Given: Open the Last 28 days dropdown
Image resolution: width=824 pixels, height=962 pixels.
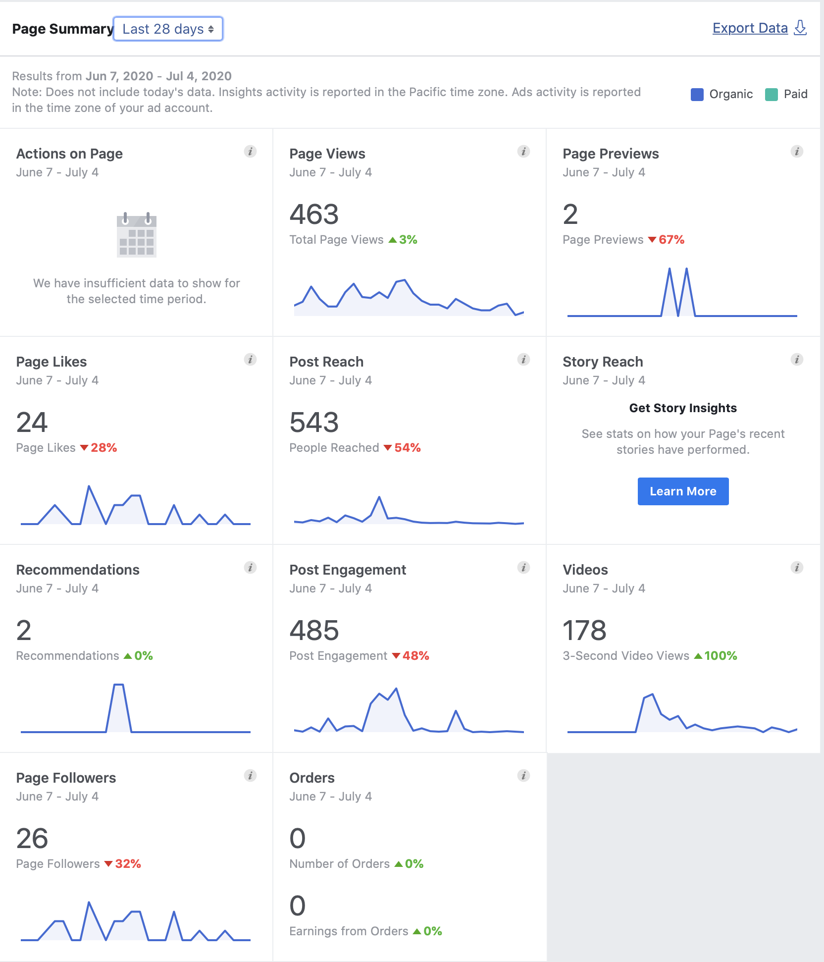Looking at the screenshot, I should click(168, 29).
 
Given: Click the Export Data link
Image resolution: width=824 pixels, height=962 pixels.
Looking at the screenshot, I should click(750, 28).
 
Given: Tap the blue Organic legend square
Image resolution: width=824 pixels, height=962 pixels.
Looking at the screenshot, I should click(697, 94).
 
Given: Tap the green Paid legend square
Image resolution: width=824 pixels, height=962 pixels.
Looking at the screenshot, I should click(771, 94).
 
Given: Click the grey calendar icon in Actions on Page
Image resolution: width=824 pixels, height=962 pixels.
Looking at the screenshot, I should click(136, 235).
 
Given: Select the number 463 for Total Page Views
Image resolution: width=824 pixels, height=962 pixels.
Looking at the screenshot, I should click(314, 214).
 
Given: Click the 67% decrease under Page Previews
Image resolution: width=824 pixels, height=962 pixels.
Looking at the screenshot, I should click(667, 240).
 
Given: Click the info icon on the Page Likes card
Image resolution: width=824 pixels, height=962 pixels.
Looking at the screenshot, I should click(250, 360).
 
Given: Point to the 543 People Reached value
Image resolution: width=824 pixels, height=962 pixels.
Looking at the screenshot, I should click(314, 423).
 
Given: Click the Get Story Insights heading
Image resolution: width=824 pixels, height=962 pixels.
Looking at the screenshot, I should click(683, 408).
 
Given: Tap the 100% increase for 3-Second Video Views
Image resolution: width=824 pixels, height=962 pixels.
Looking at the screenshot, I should click(716, 656).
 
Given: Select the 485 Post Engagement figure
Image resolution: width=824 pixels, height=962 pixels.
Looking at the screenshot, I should click(314, 631).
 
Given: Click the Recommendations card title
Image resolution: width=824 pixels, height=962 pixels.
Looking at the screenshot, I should click(78, 570).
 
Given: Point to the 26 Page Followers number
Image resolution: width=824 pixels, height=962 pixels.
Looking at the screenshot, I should click(32, 839).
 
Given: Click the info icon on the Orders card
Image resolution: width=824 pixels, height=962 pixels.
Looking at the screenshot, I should click(523, 776).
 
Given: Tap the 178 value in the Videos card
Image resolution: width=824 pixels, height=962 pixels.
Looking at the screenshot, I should click(584, 631).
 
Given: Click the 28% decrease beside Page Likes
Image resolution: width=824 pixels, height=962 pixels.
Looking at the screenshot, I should click(99, 448).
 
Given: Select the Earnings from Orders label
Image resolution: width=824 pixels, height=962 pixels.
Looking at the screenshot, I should click(349, 931).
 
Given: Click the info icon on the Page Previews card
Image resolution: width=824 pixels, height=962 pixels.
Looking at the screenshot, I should click(797, 152).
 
